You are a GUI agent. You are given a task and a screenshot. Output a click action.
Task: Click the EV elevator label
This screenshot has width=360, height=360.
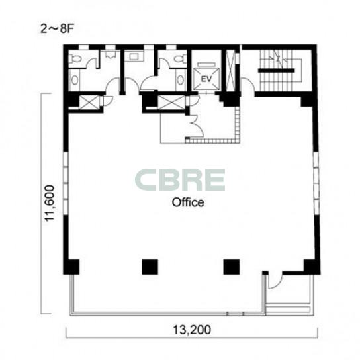pyautogui.click(x=206, y=79)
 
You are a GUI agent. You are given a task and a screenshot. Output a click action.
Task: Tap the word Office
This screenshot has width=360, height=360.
pyautogui.click(x=188, y=202)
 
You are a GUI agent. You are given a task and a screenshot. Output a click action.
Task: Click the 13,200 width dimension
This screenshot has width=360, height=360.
pyautogui.click(x=192, y=330)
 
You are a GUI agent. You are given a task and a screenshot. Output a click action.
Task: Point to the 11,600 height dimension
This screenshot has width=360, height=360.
pyautogui.click(x=50, y=203)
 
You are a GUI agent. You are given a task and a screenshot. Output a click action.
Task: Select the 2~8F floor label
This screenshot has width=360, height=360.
pyautogui.click(x=56, y=29)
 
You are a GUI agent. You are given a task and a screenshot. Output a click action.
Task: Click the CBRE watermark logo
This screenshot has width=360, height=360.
pyautogui.click(x=180, y=180)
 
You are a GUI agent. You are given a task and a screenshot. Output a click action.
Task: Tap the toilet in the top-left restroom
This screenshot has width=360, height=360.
pyautogui.click(x=75, y=58)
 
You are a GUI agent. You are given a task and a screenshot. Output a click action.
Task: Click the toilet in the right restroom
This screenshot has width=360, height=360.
pyautogui.click(x=180, y=58)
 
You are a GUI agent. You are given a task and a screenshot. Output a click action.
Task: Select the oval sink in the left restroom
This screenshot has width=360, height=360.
pyautogui.click(x=75, y=80)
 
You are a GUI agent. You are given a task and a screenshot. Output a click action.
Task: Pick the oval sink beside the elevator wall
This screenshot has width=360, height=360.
pyautogui.click(x=181, y=80)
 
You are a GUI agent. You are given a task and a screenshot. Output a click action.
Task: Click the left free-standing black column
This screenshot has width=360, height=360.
pyautogui.click(x=150, y=267)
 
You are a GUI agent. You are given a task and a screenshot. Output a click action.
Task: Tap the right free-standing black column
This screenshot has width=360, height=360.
pyautogui.click(x=232, y=267)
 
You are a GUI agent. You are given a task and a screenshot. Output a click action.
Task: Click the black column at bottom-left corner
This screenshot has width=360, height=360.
pyautogui.click(x=71, y=267)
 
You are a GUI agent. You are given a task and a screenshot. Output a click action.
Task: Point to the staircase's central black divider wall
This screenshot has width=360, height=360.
pyautogui.click(x=276, y=70)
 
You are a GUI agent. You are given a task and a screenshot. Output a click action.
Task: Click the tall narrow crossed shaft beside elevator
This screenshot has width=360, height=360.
pyautogui.click(x=230, y=70)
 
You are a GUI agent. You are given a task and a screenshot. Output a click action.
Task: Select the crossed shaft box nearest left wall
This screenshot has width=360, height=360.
pyautogui.click(x=89, y=103)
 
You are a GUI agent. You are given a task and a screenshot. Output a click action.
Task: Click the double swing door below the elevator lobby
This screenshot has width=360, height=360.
pyautogui.click(x=197, y=126)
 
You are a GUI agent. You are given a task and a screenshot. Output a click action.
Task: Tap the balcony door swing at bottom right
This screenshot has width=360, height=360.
pyautogui.click(x=275, y=281)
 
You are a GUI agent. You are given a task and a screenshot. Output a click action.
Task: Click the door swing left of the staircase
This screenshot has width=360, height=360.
pyautogui.click(x=247, y=85)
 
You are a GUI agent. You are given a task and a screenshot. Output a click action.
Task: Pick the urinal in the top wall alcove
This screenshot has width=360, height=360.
pyautogui.click(x=111, y=55)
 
